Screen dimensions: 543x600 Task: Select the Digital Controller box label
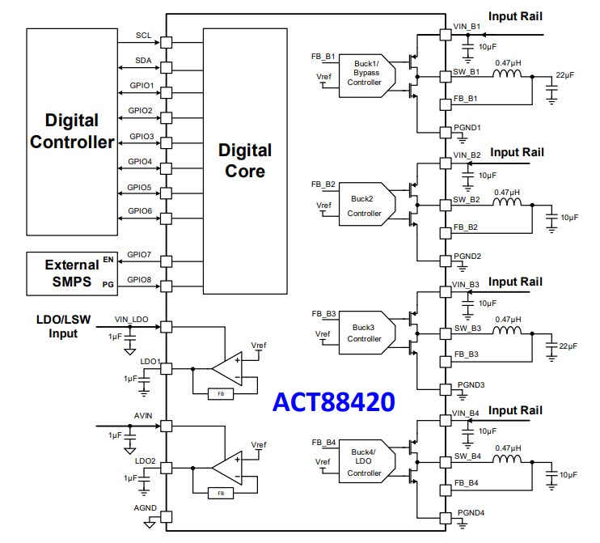(72, 131)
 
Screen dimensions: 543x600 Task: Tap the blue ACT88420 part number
(333, 402)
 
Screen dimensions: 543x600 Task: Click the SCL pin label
(142, 35)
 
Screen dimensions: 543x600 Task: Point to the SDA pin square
(167, 67)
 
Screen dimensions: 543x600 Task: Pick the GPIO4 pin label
(140, 161)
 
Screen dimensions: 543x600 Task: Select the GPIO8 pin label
(140, 280)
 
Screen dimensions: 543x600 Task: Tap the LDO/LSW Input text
(56, 327)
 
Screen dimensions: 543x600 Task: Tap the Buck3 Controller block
(363, 333)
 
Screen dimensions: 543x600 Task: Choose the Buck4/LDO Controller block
(363, 462)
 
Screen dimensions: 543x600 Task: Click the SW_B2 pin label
(467, 199)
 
